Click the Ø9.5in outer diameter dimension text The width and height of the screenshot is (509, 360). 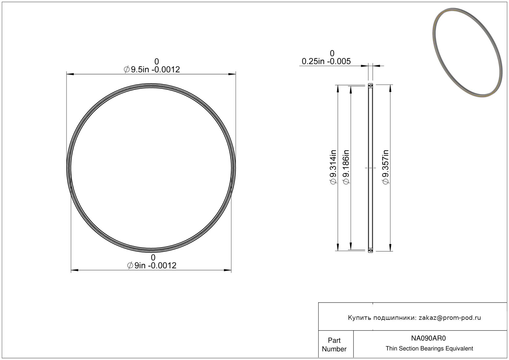[x=152, y=70]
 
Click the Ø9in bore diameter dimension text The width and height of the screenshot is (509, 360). [x=152, y=265]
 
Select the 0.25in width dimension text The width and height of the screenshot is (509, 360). [x=326, y=61]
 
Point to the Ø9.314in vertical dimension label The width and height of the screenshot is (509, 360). [x=333, y=167]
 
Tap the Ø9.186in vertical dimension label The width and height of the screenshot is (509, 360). [x=346, y=167]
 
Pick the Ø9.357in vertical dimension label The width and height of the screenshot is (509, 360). [x=386, y=167]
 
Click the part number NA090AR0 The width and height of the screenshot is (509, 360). [x=429, y=338]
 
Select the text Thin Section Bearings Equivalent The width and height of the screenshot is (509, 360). [x=429, y=349]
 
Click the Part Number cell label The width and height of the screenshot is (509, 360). [x=334, y=345]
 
